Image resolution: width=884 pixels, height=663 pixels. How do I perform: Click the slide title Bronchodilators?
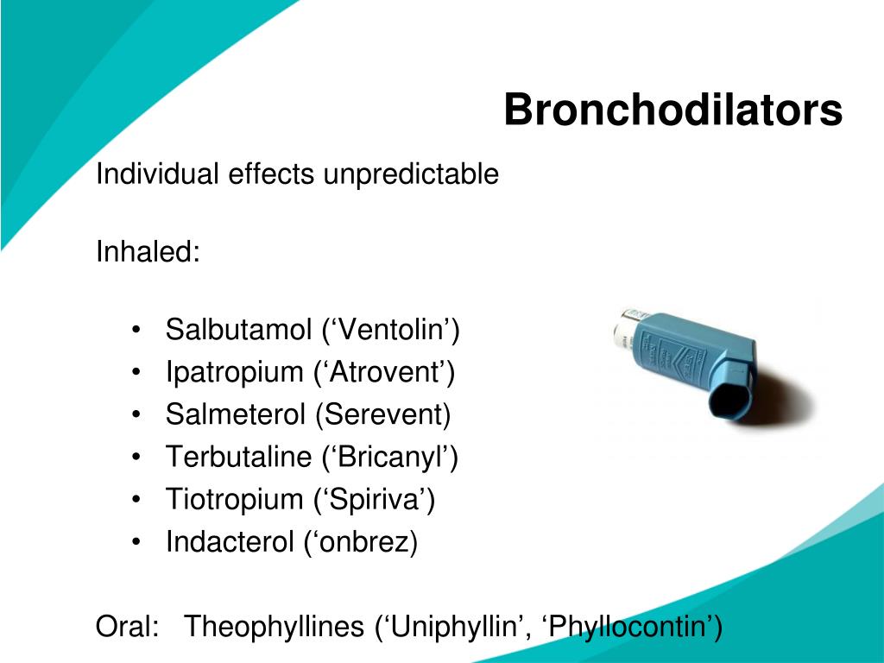(x=672, y=110)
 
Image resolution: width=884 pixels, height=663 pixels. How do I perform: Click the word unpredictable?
(x=411, y=174)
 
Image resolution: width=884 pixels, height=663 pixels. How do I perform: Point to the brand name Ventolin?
(x=393, y=330)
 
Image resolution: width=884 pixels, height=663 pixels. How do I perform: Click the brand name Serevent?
(x=382, y=414)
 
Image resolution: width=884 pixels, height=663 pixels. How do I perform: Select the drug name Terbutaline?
(x=238, y=457)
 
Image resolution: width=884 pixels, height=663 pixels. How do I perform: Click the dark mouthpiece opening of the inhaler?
(x=732, y=398)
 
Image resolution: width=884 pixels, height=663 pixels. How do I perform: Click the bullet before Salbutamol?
(x=137, y=331)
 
